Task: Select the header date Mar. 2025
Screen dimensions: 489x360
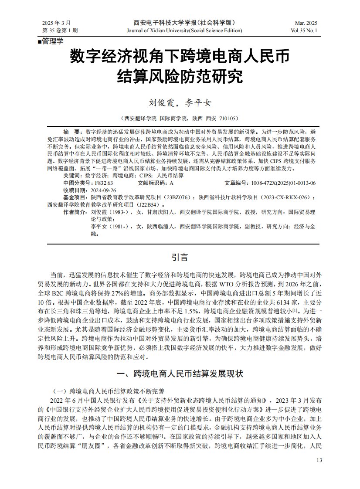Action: pos(306,23)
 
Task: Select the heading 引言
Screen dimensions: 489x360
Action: pos(180,257)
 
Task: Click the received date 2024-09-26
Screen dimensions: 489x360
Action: pos(103,190)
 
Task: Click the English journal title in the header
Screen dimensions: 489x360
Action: pos(184,31)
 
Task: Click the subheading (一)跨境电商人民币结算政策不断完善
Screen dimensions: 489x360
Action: pos(108,391)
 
